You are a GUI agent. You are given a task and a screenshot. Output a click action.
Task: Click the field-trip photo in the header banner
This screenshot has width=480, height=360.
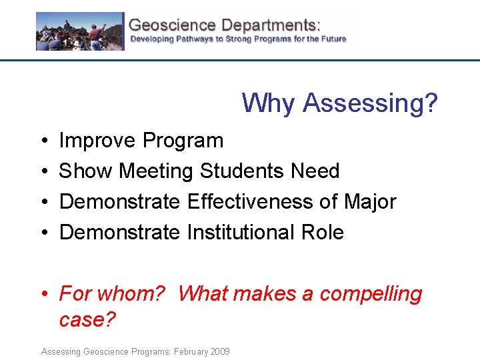coord(80,31)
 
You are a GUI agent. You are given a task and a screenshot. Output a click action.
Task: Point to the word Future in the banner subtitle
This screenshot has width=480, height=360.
coord(332,39)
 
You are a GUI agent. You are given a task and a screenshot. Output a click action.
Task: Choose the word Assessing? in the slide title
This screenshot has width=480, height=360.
coord(370,103)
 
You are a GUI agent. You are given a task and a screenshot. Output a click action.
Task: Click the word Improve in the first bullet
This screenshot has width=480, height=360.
coord(98,141)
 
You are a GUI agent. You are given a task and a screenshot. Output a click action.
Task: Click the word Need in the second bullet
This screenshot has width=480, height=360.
coord(315,171)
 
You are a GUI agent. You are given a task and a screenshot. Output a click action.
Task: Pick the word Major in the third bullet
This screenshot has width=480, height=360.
coord(370,202)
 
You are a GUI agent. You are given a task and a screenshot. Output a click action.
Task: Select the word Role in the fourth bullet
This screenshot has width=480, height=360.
coord(323,233)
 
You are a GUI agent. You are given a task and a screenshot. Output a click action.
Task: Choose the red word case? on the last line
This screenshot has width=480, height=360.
coord(87,319)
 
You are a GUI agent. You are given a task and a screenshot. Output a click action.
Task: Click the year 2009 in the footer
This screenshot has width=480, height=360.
coord(219,351)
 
